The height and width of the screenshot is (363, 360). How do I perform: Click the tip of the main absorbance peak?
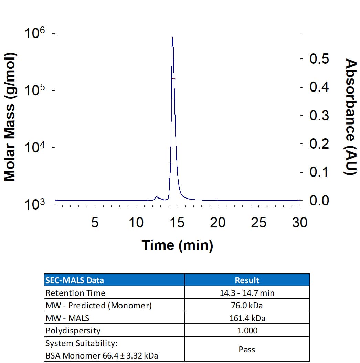click(x=172, y=38)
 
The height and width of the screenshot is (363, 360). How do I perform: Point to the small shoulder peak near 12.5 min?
click(x=157, y=197)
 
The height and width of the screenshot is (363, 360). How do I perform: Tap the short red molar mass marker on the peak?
click(x=173, y=78)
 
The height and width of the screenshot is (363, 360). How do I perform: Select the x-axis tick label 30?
click(x=299, y=223)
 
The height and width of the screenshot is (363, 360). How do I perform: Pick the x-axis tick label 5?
click(x=95, y=223)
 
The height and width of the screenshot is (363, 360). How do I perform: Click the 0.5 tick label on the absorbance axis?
click(x=319, y=59)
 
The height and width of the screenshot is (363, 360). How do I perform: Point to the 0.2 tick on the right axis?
click(x=319, y=144)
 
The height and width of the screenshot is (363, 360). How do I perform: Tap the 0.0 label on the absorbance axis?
click(x=319, y=200)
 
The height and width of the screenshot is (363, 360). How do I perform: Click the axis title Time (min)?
click(x=178, y=245)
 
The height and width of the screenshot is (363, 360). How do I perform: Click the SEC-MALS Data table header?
click(x=75, y=280)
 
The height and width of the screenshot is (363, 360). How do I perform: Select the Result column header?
click(x=247, y=280)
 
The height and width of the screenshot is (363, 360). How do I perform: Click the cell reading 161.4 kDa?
click(x=247, y=318)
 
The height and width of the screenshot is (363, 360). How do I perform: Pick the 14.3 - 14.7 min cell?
click(x=247, y=293)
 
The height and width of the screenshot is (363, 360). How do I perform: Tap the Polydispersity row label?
click(x=73, y=331)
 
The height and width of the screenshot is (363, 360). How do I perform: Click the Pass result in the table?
click(x=247, y=350)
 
